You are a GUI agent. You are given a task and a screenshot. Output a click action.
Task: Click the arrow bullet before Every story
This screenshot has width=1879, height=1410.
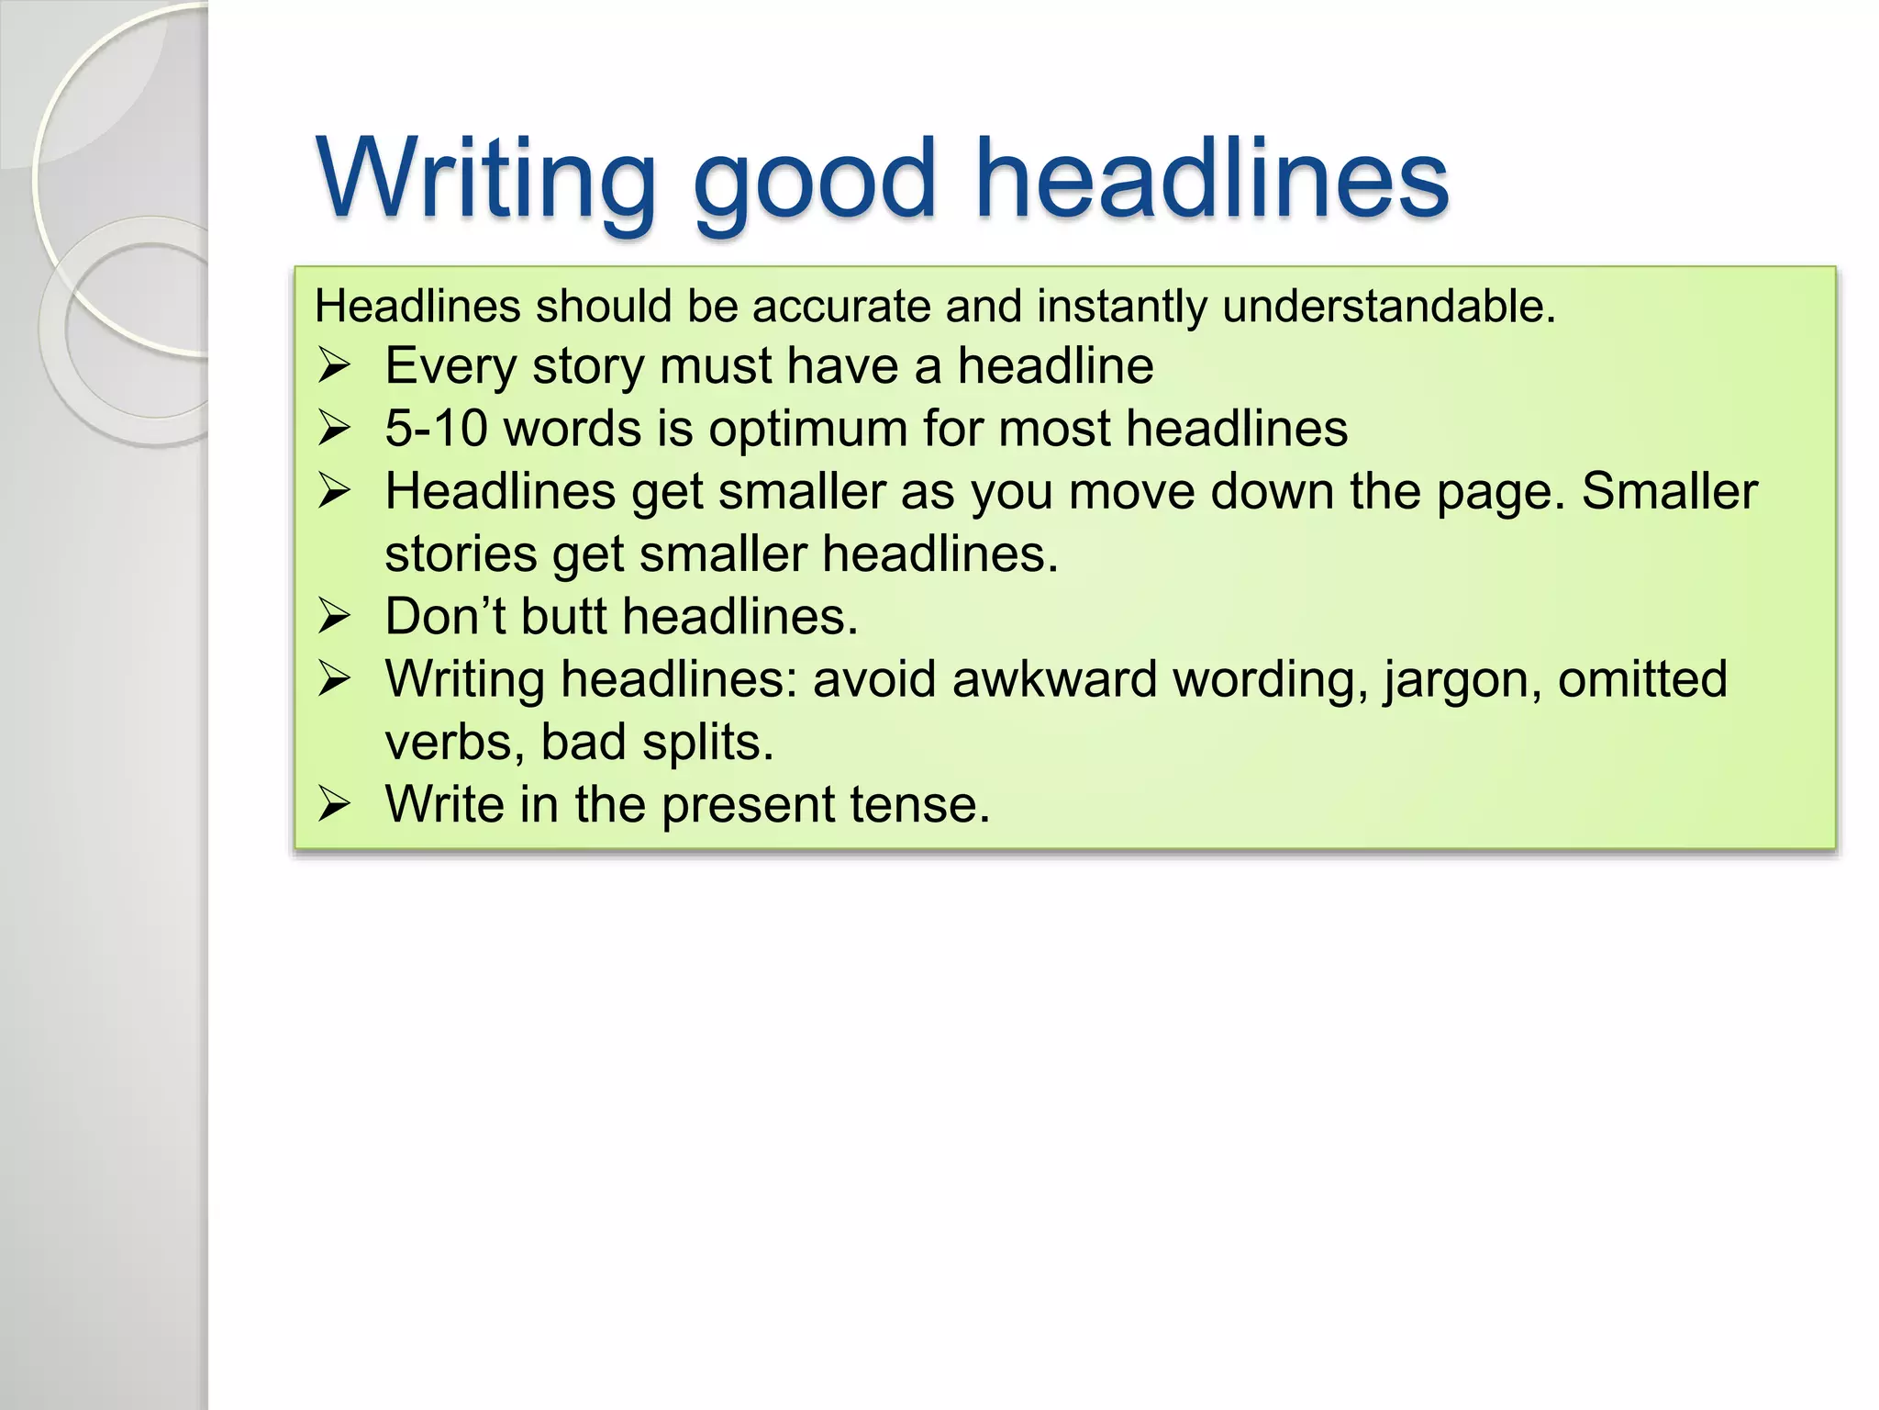coord(334,367)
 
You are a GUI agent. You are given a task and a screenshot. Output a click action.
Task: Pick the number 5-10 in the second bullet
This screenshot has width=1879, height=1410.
coord(436,429)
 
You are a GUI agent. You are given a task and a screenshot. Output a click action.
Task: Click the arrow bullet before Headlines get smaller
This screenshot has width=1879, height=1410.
coord(334,492)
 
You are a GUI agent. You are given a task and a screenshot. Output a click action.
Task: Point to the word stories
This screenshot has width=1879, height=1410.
coord(461,554)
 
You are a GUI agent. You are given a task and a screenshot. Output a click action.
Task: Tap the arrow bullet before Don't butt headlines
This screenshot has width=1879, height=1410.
coord(334,617)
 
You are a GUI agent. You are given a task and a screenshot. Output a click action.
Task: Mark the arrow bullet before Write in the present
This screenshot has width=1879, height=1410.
coord(334,805)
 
